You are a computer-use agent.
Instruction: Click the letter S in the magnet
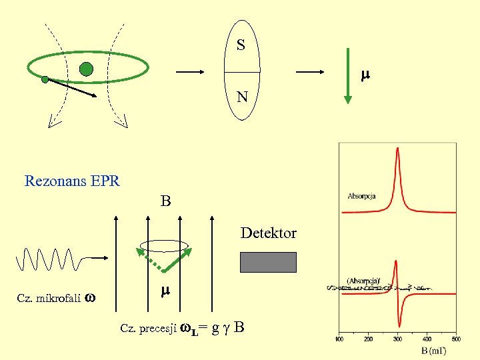tap(241, 45)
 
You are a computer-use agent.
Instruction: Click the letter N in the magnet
tap(242, 97)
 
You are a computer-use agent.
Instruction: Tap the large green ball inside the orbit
tap(85, 68)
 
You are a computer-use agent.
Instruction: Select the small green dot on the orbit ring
tap(45, 80)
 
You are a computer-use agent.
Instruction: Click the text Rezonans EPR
tap(72, 181)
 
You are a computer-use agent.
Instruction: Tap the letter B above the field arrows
tap(165, 201)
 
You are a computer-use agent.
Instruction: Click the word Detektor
tap(268, 233)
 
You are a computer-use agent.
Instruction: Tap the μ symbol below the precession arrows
tap(165, 291)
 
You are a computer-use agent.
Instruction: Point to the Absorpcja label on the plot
tap(361, 196)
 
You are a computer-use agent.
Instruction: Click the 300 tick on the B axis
tap(398, 339)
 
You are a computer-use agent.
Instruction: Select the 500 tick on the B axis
tap(457, 339)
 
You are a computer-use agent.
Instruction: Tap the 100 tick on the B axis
tap(339, 339)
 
